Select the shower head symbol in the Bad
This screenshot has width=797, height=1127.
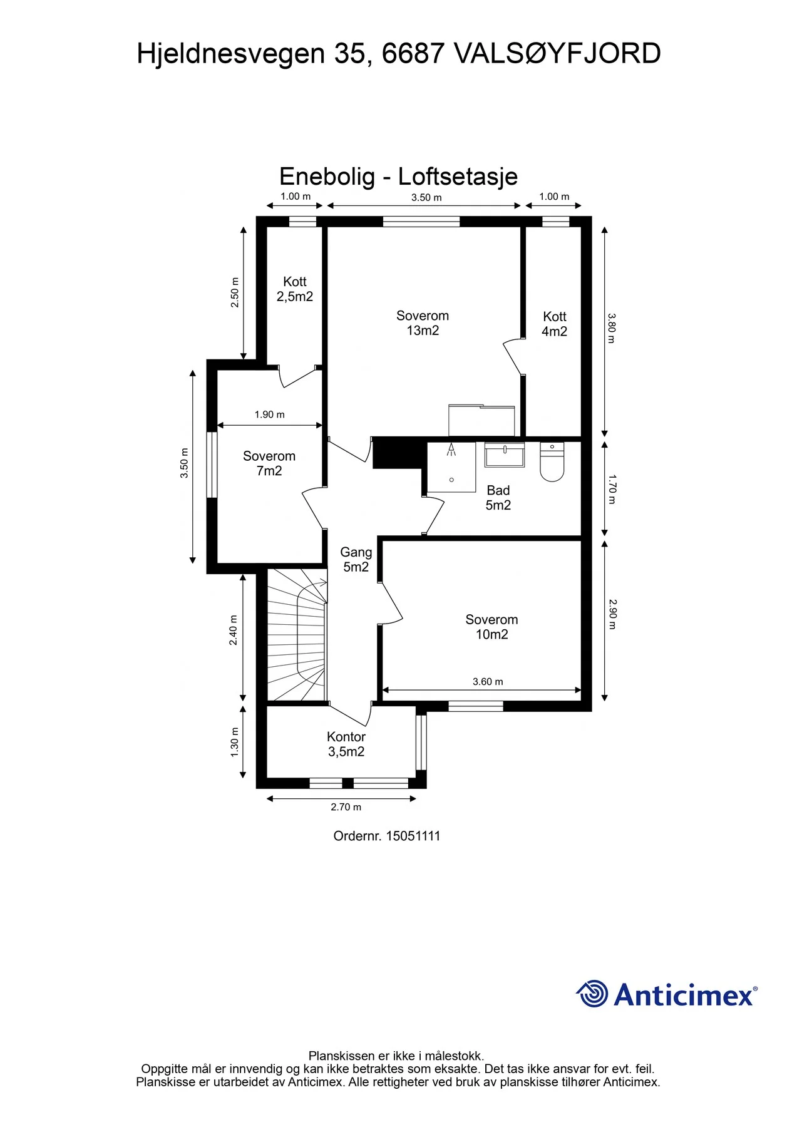coord(451,449)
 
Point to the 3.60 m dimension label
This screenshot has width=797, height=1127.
coord(488,681)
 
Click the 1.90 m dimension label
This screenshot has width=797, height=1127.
coord(269,414)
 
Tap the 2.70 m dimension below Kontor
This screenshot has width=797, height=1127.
coord(346,807)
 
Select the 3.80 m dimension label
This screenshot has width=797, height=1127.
coord(612,328)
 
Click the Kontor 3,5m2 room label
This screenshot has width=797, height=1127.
coord(346,744)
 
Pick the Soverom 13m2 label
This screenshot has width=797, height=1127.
coord(423,323)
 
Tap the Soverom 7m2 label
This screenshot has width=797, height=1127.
coord(269,463)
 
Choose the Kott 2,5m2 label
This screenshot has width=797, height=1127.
coord(295,289)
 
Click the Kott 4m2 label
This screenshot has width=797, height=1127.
coord(555,324)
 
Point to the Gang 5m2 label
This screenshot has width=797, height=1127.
coord(356,559)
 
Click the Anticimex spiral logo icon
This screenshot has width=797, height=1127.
coord(592,994)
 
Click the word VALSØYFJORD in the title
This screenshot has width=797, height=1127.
coord(557,53)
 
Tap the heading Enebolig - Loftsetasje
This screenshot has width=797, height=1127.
coord(398,176)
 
